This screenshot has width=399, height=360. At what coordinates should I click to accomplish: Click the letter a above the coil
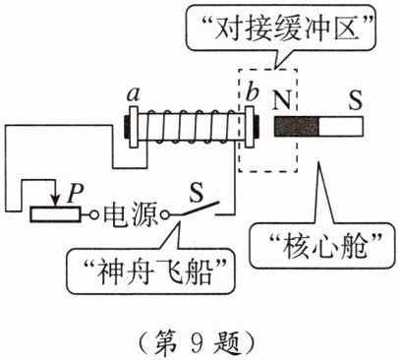point(134,94)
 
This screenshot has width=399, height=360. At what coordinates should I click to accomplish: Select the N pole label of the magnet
point(281,100)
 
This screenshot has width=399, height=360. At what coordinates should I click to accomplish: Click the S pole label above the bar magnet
point(355,99)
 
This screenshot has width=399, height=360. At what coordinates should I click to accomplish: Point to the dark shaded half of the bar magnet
point(297,127)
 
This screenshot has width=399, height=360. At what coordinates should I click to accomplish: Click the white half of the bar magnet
point(341,127)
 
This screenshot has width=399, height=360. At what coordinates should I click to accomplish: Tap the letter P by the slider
point(75,195)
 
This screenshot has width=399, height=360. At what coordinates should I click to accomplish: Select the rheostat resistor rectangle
point(55,214)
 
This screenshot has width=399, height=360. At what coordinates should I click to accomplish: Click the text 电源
point(131,215)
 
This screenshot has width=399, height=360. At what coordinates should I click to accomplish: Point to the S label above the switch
point(196,193)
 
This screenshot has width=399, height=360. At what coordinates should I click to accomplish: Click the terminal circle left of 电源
point(94,215)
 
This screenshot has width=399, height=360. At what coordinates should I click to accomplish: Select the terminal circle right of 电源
point(165,215)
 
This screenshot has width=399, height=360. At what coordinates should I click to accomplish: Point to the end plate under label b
point(250,127)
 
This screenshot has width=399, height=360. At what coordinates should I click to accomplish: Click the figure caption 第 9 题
point(196,343)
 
